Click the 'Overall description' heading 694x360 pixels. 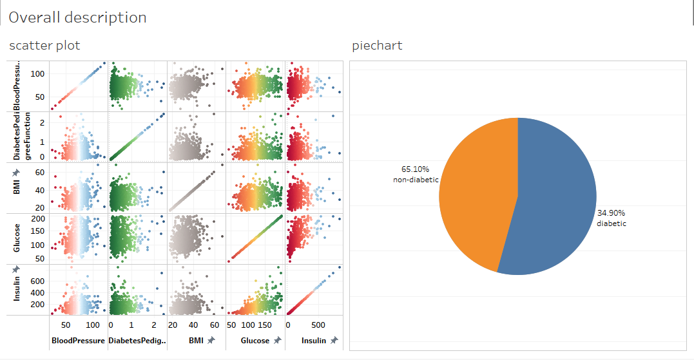coord(77,17)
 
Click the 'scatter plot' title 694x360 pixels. coord(44,46)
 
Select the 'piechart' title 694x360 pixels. coord(377,46)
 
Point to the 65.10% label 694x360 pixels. coord(415,169)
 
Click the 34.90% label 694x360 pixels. coord(611,213)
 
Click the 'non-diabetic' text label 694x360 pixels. coord(416,180)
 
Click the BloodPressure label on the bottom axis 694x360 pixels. coord(77,340)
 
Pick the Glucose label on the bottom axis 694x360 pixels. coord(255,340)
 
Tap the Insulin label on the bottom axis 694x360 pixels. coord(314,340)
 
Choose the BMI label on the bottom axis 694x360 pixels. coord(196,340)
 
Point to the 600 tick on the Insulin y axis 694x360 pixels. coord(37,281)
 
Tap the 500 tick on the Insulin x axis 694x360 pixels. coord(318,325)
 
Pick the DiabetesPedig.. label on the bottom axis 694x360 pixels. coord(137,340)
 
